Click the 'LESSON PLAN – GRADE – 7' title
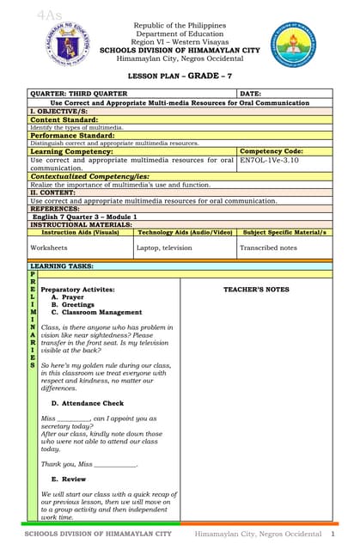coord(180,76)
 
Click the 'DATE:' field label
coord(250,93)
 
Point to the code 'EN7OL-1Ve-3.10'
coord(271,160)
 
